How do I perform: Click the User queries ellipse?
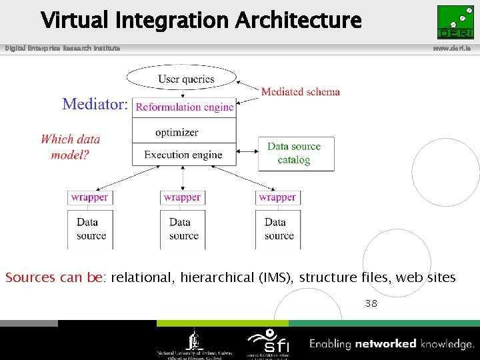tap(186, 79)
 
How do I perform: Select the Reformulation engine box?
tap(185, 107)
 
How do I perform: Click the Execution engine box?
tap(183, 155)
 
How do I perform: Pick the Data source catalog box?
tap(295, 154)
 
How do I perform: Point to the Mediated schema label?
tap(300, 92)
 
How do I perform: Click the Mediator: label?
tap(95, 104)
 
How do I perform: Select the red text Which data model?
tap(70, 147)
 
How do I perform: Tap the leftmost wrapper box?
tap(89, 197)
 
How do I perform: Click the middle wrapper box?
tap(182, 197)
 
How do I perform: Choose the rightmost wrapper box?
tap(277, 197)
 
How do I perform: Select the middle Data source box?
tap(183, 229)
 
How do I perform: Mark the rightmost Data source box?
tap(278, 229)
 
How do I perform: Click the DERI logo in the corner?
tap(455, 22)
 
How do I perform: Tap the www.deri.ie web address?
tap(455, 49)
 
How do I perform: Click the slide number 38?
tap(371, 303)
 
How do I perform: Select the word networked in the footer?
tap(386, 344)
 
